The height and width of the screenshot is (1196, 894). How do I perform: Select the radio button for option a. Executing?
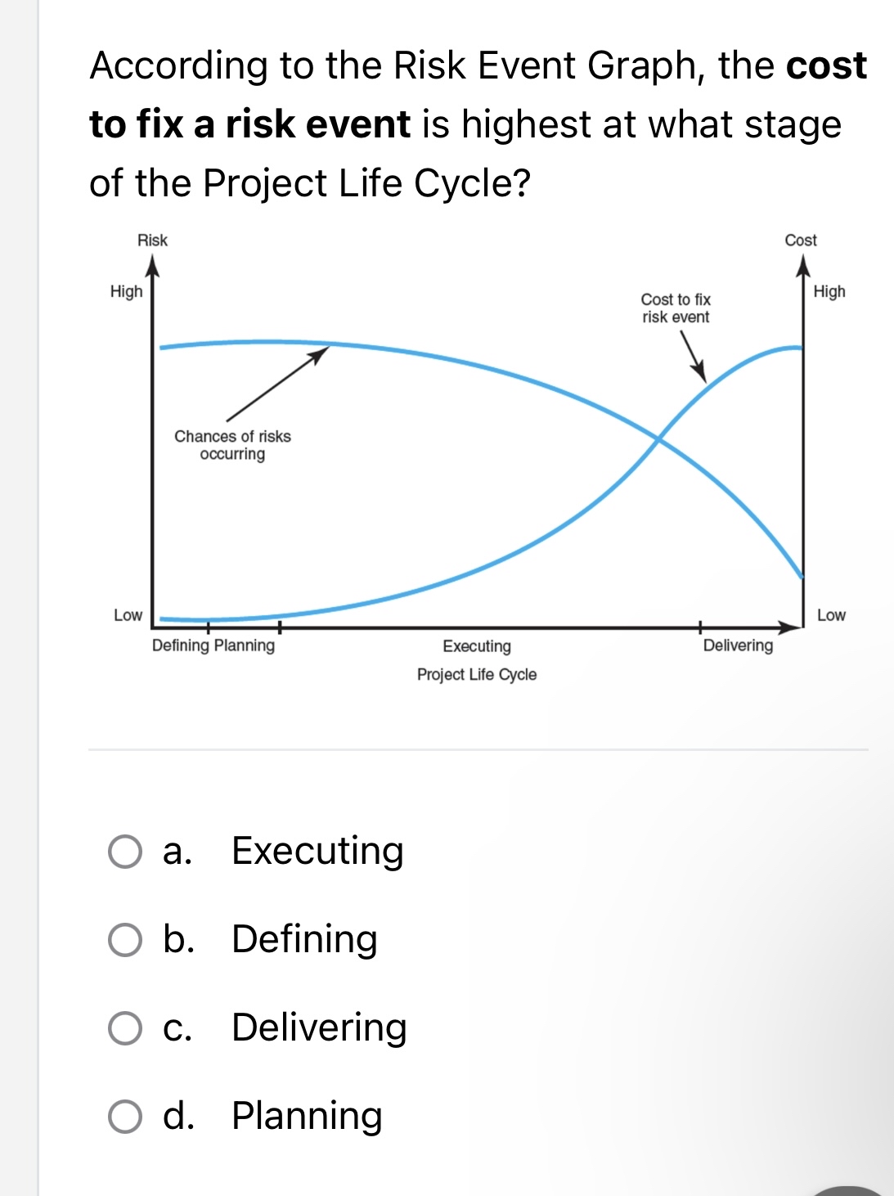tap(125, 852)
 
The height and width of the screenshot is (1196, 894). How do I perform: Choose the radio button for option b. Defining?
tap(125, 940)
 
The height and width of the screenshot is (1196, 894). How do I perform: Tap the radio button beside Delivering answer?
tap(125, 1028)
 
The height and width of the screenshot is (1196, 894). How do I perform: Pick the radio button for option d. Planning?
tap(125, 1117)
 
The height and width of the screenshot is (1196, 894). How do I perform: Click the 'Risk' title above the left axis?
tap(152, 241)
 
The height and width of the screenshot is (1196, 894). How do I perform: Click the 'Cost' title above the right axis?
tap(800, 241)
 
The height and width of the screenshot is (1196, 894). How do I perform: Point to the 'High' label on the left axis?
tap(126, 292)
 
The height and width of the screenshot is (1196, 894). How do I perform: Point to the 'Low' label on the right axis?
tap(831, 615)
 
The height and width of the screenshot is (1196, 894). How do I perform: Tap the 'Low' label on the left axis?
tap(128, 615)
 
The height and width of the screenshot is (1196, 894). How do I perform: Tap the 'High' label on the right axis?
tap(829, 292)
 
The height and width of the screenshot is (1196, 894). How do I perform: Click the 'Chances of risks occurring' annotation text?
tap(232, 445)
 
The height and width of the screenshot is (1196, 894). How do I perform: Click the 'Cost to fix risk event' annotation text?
tap(676, 308)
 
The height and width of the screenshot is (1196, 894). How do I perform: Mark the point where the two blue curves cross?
tap(658, 440)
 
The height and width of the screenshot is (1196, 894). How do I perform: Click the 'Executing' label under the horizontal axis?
tap(477, 646)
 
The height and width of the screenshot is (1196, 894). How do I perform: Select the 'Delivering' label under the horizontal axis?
tap(738, 645)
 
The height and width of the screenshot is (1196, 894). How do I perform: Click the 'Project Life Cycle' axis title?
tap(477, 675)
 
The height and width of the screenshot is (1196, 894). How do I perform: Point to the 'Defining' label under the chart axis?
tap(181, 645)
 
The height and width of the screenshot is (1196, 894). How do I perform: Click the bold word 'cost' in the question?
tap(826, 65)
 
